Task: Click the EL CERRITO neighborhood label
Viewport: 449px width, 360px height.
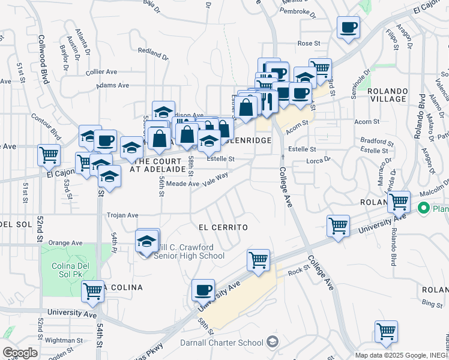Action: (223, 228)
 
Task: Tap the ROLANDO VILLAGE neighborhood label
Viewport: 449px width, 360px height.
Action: (387, 95)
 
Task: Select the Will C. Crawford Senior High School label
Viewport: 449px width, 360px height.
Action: (188, 251)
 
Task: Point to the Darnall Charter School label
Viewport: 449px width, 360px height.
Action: (221, 343)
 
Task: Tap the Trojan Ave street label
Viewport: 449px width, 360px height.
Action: (122, 215)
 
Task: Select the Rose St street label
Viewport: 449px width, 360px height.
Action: (309, 43)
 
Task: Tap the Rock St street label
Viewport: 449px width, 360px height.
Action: (297, 271)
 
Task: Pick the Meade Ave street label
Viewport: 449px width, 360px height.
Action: (182, 184)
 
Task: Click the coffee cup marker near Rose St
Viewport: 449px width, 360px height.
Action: (348, 26)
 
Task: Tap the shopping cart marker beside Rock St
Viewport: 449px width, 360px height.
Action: (258, 260)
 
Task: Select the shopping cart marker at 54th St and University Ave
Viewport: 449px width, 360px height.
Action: (92, 292)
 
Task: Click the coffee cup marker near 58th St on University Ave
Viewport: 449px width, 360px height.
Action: (203, 290)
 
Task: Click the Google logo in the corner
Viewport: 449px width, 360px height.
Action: (20, 352)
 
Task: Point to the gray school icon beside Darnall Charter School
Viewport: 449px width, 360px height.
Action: (273, 342)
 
